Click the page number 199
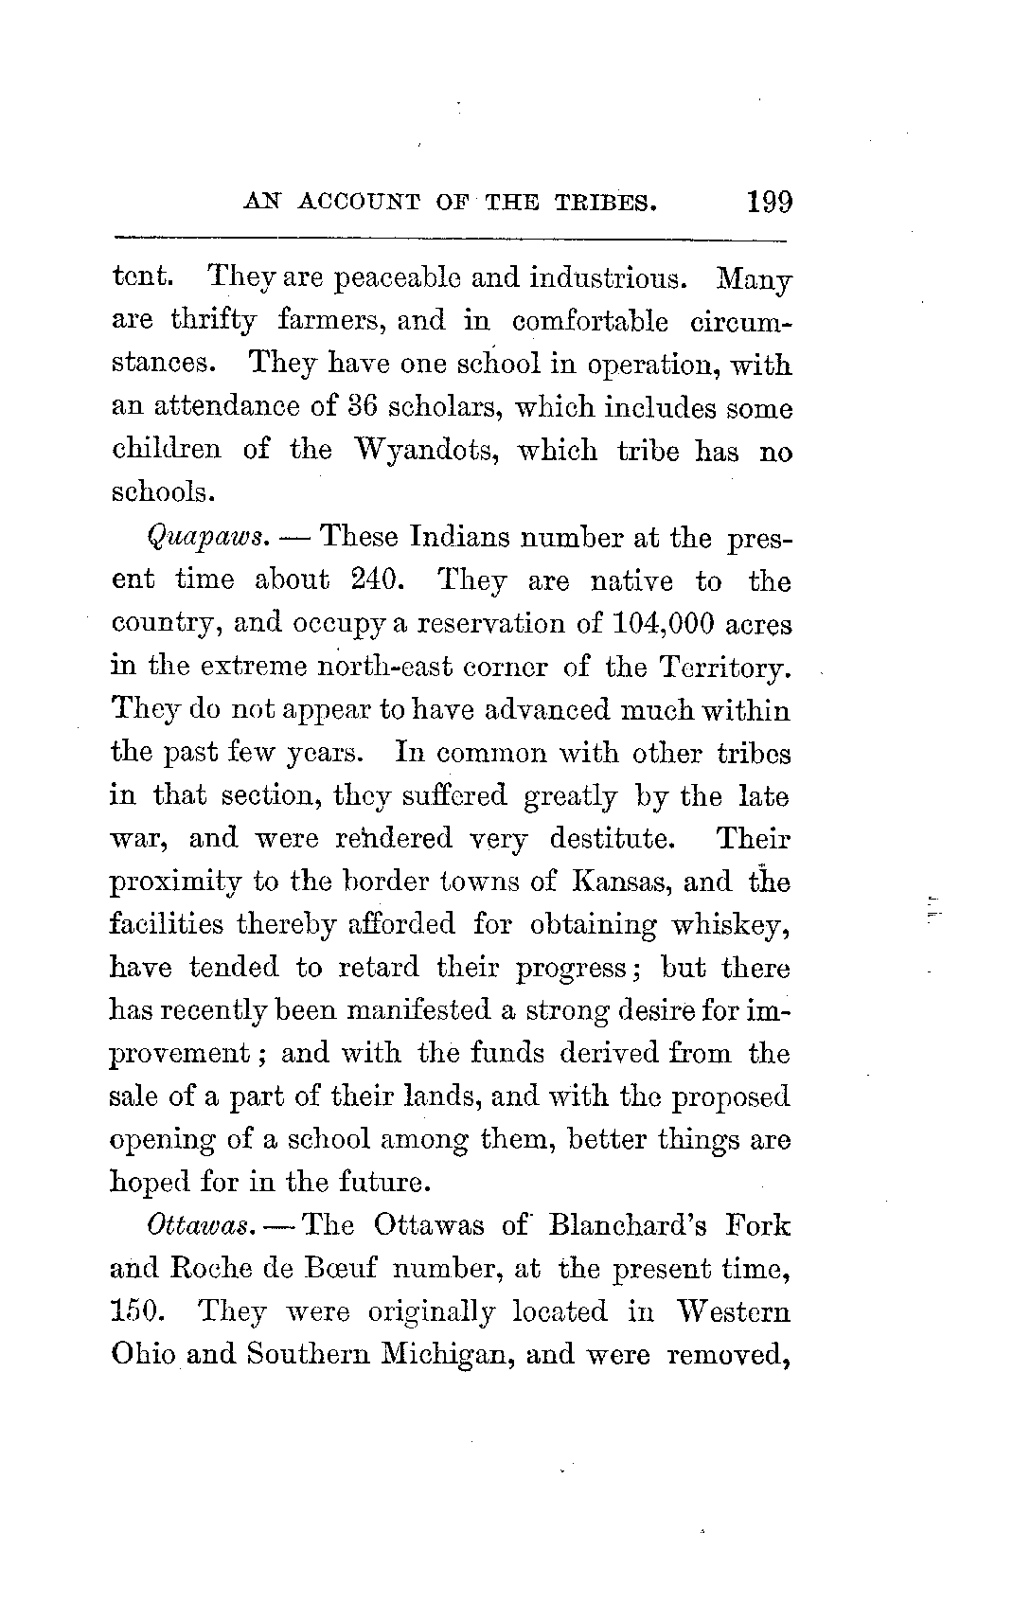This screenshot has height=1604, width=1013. pos(769,202)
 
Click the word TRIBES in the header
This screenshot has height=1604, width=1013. pos(605,202)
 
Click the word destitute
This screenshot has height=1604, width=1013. pos(614,839)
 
